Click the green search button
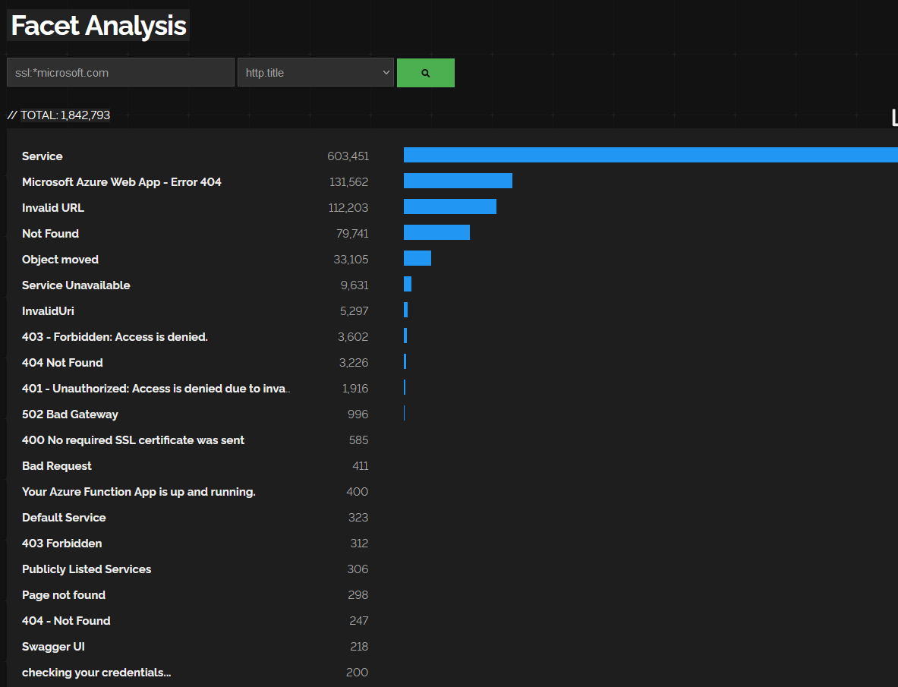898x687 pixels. point(425,73)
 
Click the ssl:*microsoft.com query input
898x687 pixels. point(121,73)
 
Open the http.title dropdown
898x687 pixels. point(316,73)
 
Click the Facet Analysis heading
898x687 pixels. point(99,26)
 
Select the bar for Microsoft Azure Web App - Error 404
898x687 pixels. point(458,181)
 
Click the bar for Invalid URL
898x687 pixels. point(449,206)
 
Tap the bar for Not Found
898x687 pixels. point(436,232)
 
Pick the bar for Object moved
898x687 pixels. point(417,258)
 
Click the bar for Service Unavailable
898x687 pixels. point(408,284)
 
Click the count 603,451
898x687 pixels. point(348,156)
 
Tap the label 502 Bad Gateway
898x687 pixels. point(70,414)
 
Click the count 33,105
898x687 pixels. point(351,260)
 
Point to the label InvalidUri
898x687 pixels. point(48,311)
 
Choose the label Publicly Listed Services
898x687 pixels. point(87,569)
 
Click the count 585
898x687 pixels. point(358,440)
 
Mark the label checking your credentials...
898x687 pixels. point(96,673)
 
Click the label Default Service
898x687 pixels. point(64,518)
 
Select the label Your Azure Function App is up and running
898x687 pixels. point(139,492)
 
